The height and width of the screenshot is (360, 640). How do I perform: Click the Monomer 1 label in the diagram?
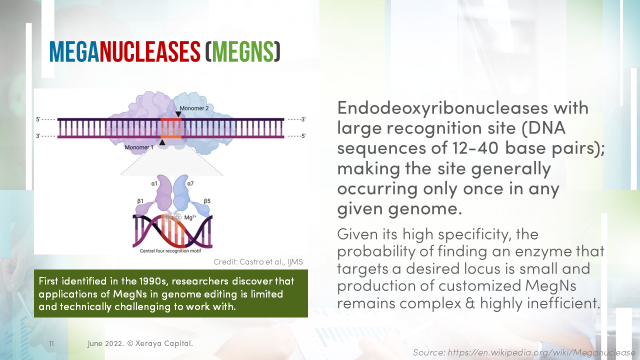pyautogui.click(x=139, y=147)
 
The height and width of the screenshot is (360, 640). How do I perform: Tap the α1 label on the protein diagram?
pyautogui.click(x=154, y=184)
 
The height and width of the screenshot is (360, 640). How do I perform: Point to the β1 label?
pyautogui.click(x=140, y=200)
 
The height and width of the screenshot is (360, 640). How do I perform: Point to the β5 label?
pyautogui.click(x=206, y=201)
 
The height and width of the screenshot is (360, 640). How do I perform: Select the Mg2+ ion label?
pyautogui.click(x=190, y=217)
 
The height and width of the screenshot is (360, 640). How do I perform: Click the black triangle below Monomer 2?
pyautogui.click(x=178, y=114)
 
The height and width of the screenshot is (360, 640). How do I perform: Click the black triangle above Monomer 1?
pyautogui.click(x=161, y=142)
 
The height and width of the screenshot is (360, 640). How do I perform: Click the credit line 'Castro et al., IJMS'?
pyautogui.click(x=258, y=262)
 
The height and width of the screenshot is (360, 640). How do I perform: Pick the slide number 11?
pyautogui.click(x=51, y=344)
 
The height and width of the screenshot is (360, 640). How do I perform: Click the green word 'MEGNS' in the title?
pyautogui.click(x=242, y=51)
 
